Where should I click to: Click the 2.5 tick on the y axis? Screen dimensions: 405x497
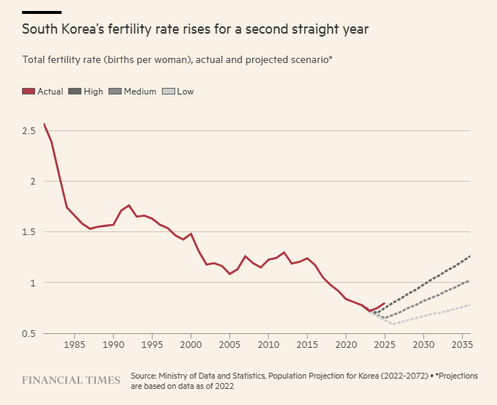point(29,130)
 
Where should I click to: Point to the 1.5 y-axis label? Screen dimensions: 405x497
point(29,232)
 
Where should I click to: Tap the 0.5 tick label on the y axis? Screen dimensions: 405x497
point(29,334)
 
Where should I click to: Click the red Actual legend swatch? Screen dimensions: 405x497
point(29,92)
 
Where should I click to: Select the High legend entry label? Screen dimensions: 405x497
point(93,92)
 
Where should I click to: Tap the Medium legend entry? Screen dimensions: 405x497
point(140,92)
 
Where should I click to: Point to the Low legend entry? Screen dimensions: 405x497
point(185,92)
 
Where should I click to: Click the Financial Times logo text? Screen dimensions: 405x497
point(71,381)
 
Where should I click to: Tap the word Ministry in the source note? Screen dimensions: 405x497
point(179,376)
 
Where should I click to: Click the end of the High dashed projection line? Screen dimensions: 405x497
point(469,256)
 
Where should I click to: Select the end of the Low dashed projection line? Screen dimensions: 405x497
point(469,305)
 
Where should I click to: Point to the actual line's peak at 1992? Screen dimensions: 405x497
point(129,205)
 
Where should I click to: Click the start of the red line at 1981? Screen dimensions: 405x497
point(44,124)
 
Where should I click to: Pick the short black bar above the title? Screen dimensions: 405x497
point(42,12)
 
